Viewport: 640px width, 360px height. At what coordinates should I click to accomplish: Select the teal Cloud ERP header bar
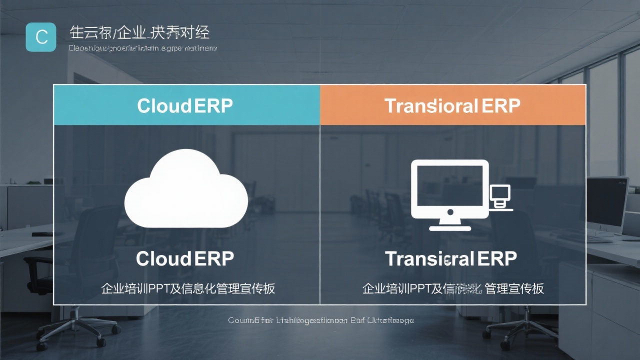tap(186, 105)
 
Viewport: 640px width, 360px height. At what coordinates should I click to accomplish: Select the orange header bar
tap(452, 105)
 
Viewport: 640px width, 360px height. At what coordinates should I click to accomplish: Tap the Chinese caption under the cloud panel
tap(188, 288)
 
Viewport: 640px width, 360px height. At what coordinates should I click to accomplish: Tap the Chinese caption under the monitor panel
tap(452, 288)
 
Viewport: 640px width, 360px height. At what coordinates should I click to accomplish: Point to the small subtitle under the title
tap(142, 48)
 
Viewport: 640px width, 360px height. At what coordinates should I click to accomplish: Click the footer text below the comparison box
tap(320, 320)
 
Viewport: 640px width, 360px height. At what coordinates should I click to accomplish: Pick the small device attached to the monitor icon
tap(500, 196)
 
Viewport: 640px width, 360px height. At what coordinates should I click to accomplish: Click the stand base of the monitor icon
tap(449, 227)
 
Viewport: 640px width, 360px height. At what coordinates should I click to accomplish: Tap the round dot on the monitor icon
tap(449, 212)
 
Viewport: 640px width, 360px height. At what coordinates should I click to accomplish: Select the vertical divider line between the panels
tap(320, 215)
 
